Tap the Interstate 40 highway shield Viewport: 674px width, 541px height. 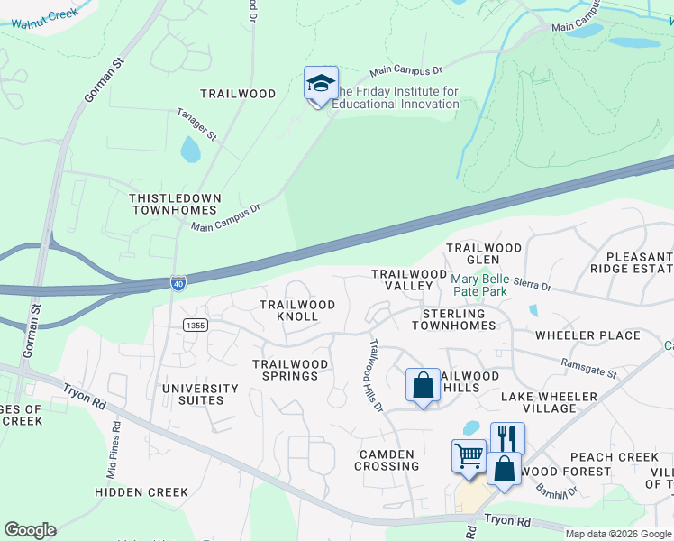[x=178, y=284]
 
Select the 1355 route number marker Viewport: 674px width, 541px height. [x=194, y=325]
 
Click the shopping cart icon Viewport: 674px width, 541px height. [x=469, y=456]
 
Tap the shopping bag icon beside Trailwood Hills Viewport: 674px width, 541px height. [x=423, y=385]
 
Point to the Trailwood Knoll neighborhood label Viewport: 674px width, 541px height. [x=296, y=311]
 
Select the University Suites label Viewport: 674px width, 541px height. [x=200, y=395]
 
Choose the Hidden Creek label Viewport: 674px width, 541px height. [x=142, y=492]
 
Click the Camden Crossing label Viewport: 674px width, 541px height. [x=387, y=460]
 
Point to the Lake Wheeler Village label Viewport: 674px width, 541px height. [x=549, y=402]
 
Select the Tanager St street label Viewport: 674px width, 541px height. [x=196, y=125]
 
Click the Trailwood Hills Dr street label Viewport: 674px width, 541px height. [x=377, y=375]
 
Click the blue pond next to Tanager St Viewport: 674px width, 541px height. [x=190, y=150]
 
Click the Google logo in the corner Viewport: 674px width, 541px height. [x=30, y=530]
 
